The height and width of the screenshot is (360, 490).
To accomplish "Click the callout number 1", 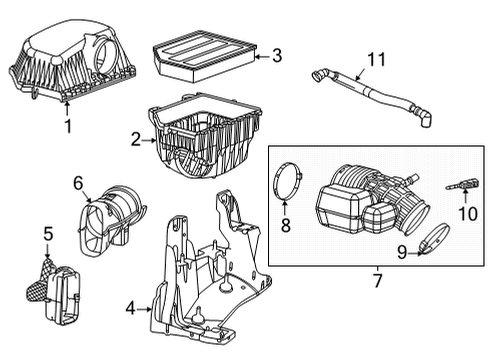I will (x=68, y=126).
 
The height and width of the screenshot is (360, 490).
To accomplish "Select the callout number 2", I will (x=135, y=141).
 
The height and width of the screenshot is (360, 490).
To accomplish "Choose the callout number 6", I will (x=77, y=182).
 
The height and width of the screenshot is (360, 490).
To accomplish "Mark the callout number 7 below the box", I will (x=376, y=281).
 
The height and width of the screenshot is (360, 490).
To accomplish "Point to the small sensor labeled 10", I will (x=463, y=184).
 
